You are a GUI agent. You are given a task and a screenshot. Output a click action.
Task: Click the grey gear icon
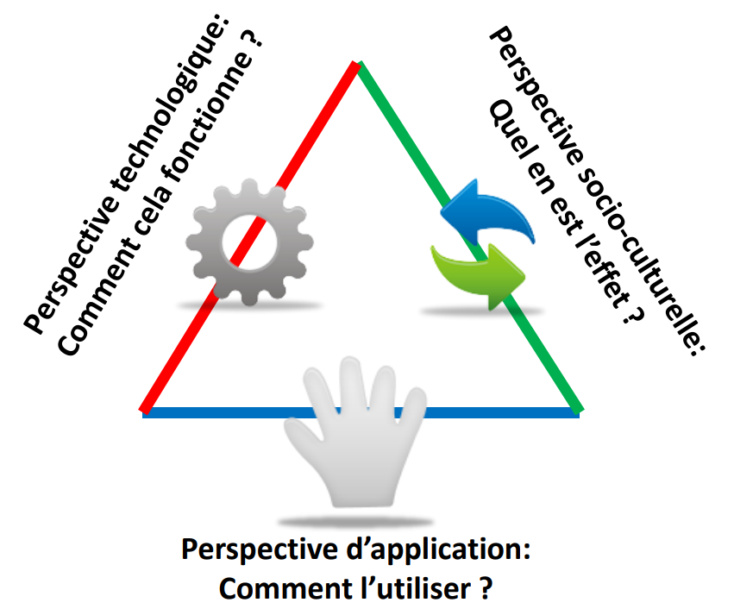pyautogui.click(x=249, y=241)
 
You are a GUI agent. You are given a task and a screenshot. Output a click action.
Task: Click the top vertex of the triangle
pyautogui.click(x=357, y=64)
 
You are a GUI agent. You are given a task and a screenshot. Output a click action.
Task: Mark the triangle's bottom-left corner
pyautogui.click(x=145, y=411)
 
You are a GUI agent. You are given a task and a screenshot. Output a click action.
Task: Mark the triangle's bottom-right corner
pyautogui.click(x=575, y=411)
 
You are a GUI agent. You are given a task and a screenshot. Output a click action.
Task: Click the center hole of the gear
pyautogui.click(x=249, y=241)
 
